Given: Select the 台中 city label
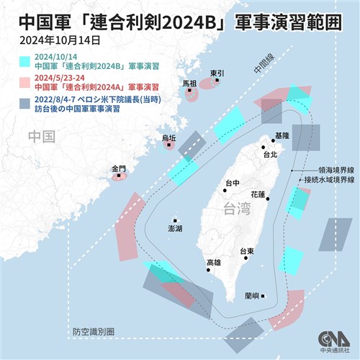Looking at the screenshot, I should [x=232, y=184].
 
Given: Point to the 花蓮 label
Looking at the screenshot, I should [x=258, y=194].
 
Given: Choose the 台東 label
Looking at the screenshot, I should [x=248, y=251].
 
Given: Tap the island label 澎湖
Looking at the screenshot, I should [x=175, y=228].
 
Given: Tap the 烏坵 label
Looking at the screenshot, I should [x=168, y=137].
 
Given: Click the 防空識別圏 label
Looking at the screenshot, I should [x=94, y=332].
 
